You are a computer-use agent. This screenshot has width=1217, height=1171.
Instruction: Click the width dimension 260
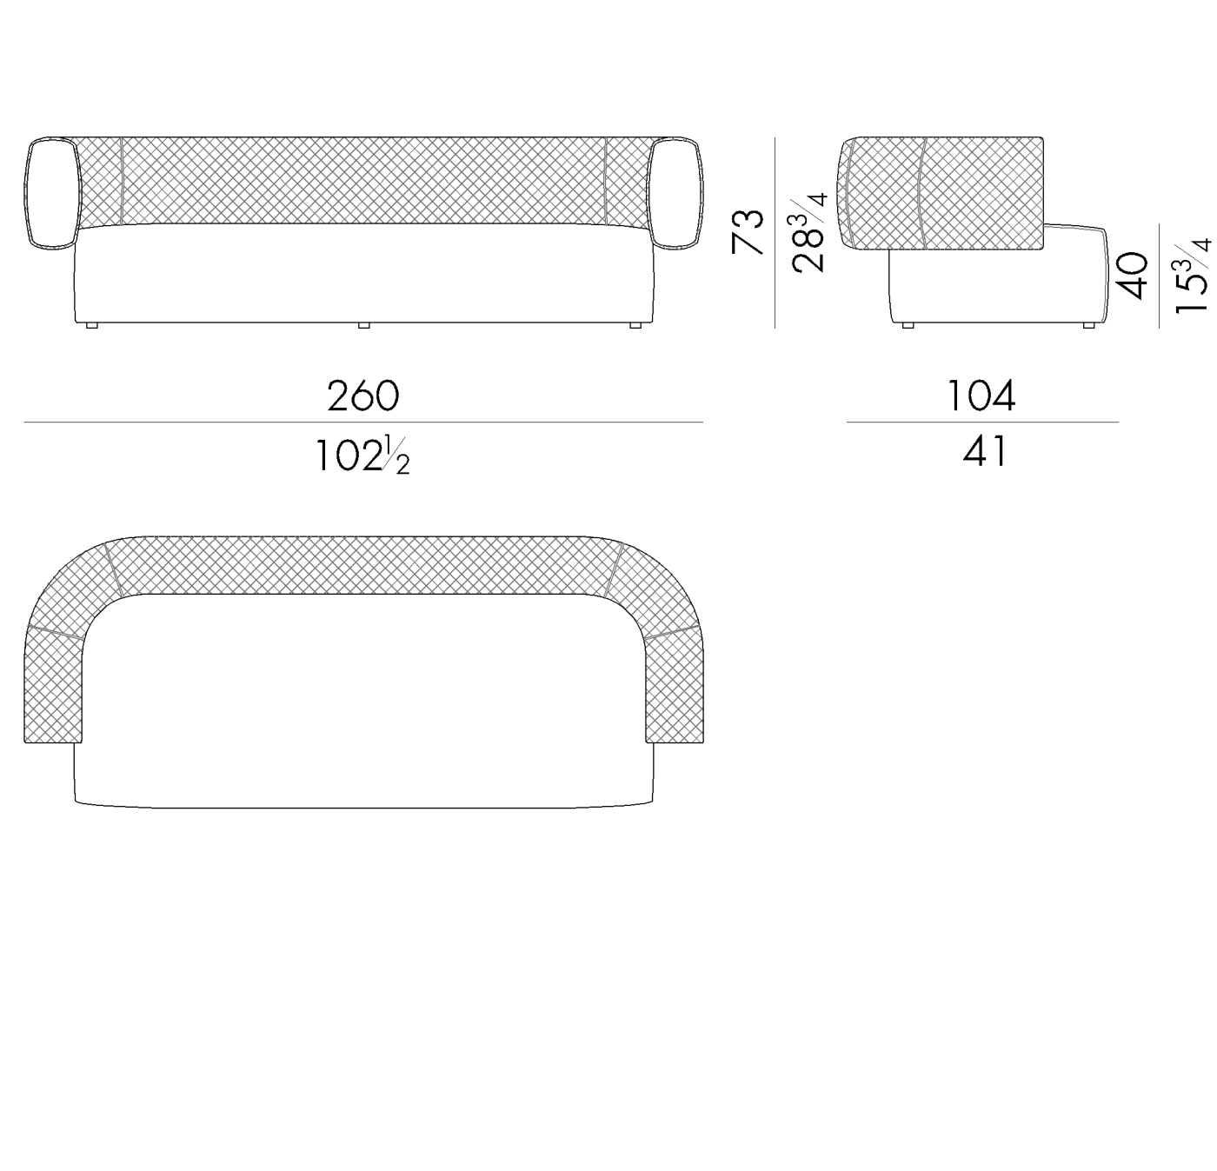pyautogui.click(x=362, y=396)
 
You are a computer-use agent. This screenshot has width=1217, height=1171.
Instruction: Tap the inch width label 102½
pyautogui.click(x=362, y=456)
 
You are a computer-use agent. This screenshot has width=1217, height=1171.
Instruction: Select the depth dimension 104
pyautogui.click(x=981, y=396)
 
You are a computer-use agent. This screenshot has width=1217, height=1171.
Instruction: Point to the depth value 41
pyautogui.click(x=984, y=451)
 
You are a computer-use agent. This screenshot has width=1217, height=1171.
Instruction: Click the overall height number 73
pyautogui.click(x=748, y=232)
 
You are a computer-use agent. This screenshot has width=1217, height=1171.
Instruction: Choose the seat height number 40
pyautogui.click(x=1132, y=276)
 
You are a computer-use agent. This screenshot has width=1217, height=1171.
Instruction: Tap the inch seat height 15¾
pyautogui.click(x=1193, y=276)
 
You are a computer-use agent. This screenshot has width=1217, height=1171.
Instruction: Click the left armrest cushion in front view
pyautogui.click(x=52, y=193)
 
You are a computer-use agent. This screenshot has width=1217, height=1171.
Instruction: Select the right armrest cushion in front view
pyautogui.click(x=675, y=193)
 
